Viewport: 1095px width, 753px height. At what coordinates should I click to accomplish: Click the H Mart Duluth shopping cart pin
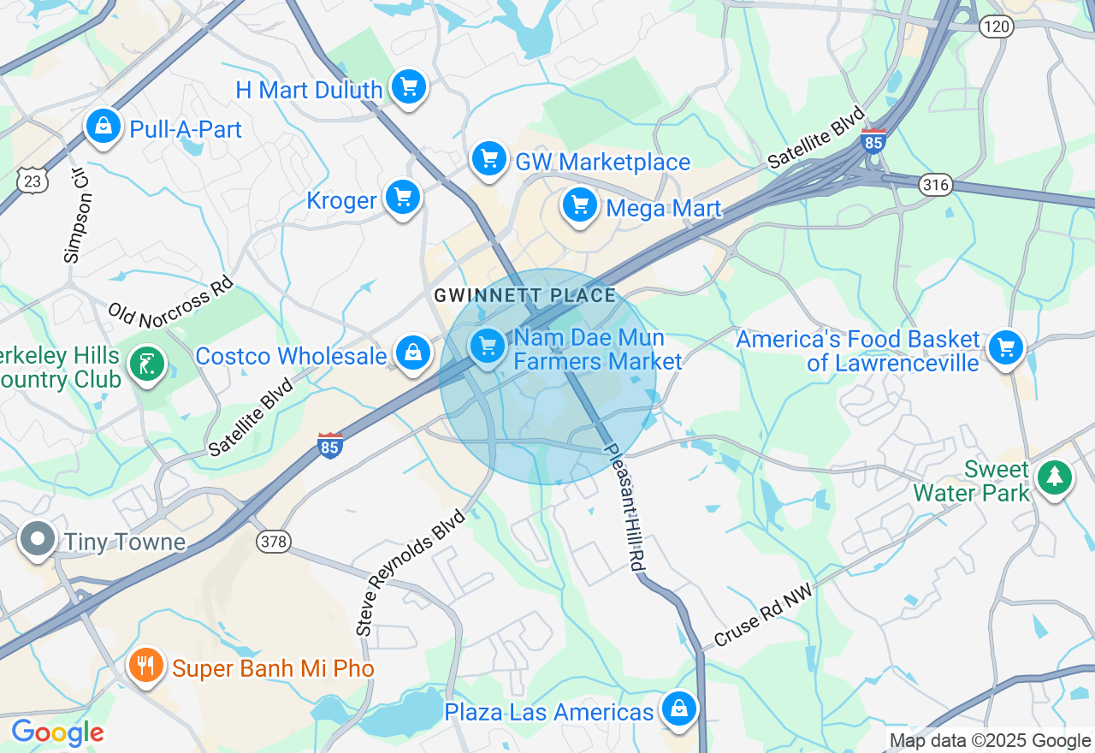click(x=409, y=86)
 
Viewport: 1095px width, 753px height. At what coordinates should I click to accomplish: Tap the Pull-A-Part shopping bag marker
click(x=103, y=127)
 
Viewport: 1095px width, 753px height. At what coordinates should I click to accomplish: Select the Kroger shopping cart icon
click(x=402, y=199)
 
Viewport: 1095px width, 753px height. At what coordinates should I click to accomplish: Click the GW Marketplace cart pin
click(x=489, y=159)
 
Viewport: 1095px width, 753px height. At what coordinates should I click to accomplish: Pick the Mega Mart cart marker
click(x=580, y=206)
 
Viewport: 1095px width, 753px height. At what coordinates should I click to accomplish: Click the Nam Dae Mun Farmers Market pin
click(x=488, y=347)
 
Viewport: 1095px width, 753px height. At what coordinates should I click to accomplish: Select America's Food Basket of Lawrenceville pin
click(x=1005, y=348)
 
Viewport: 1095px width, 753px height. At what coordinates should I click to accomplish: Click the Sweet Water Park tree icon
click(x=1054, y=477)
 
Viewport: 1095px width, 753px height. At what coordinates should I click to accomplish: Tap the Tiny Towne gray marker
click(x=38, y=540)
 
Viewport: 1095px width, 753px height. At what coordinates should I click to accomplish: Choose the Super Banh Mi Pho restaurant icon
click(x=146, y=666)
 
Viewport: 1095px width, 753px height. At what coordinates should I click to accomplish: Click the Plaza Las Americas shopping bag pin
click(x=678, y=709)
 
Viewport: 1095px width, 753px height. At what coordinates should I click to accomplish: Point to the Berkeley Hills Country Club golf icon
click(x=147, y=365)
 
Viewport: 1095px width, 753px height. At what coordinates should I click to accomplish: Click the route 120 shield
click(x=997, y=27)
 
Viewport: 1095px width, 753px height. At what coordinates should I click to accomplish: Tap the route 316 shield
click(x=937, y=184)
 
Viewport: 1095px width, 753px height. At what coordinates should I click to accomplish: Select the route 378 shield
click(x=273, y=541)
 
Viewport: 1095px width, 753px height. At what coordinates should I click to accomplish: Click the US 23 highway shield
click(x=31, y=181)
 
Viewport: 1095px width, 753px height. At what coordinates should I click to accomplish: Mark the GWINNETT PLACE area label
click(x=524, y=296)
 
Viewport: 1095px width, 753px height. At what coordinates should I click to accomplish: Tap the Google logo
click(x=57, y=732)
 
